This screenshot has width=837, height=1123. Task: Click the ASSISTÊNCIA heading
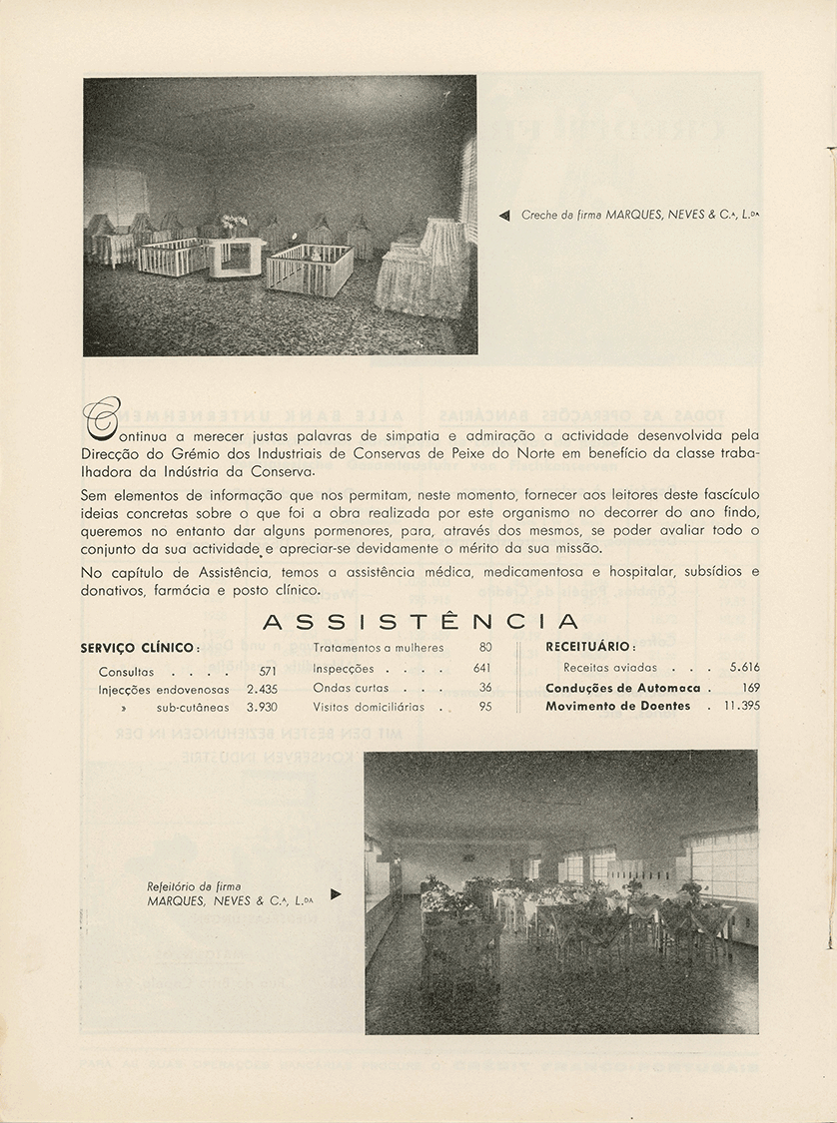click(419, 623)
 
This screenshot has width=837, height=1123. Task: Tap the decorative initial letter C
click(101, 419)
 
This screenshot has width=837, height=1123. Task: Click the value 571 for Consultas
click(267, 672)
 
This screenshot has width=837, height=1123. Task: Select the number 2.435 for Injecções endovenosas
click(262, 690)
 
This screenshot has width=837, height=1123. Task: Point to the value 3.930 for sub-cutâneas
click(262, 708)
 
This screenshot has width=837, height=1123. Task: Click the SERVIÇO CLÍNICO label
click(140, 648)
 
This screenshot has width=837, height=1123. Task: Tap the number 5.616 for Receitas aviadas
click(744, 668)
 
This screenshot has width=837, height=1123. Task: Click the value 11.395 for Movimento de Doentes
click(741, 706)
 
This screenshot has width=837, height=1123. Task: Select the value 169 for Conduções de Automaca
click(751, 688)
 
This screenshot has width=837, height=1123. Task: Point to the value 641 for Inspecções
click(482, 669)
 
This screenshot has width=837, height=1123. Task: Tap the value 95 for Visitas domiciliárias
click(485, 707)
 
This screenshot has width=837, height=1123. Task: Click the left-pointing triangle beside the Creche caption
click(503, 215)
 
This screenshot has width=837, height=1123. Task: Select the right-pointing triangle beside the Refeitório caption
click(336, 893)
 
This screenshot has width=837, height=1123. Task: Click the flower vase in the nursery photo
click(234, 223)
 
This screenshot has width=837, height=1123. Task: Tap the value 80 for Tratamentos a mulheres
click(485, 648)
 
